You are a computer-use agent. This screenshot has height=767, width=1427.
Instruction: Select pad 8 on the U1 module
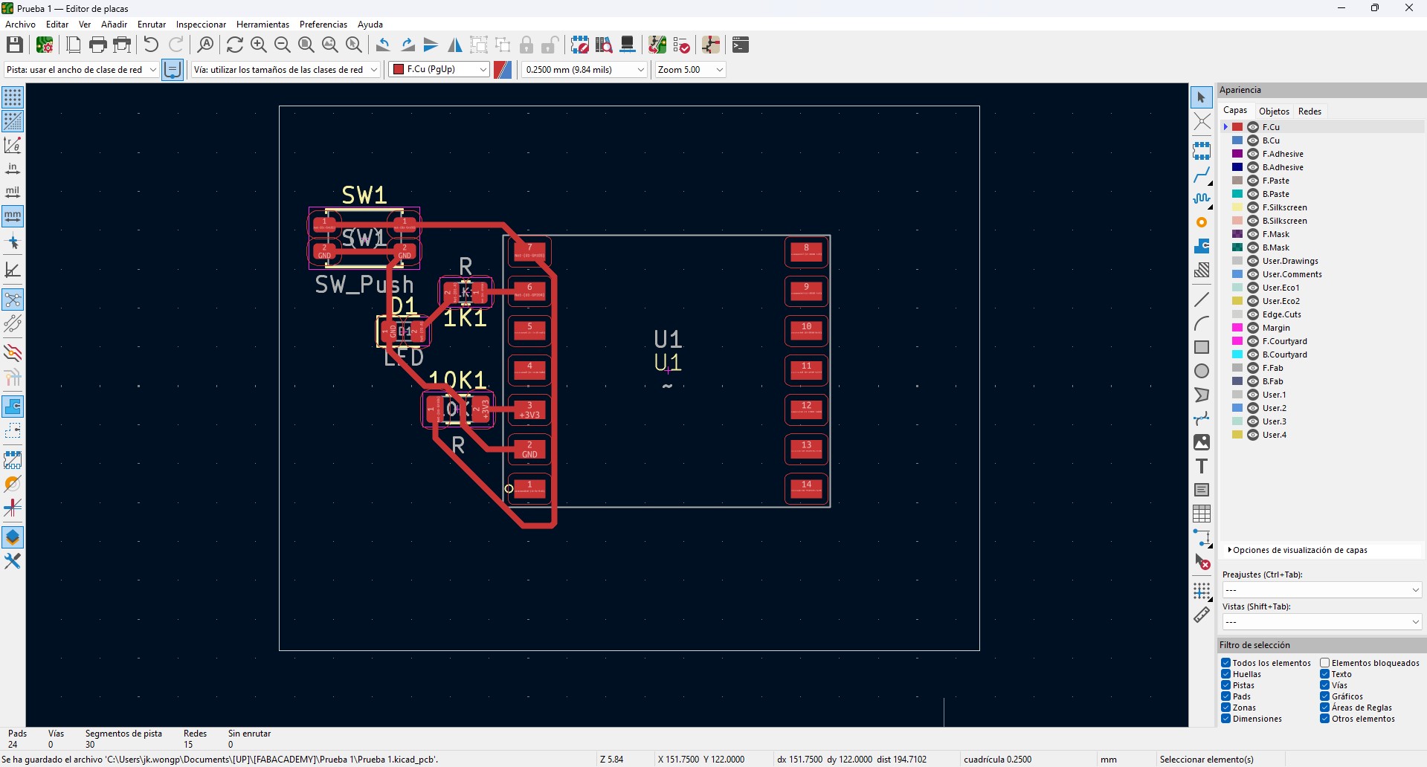click(807, 252)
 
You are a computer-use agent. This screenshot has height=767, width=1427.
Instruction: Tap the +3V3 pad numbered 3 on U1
click(529, 410)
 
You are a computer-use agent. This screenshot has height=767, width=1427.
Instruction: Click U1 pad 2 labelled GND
click(529, 450)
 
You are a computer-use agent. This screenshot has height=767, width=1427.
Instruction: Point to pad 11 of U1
click(807, 370)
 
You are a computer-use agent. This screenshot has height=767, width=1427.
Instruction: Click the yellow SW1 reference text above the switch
click(364, 195)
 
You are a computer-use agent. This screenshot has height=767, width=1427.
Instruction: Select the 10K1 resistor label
click(457, 381)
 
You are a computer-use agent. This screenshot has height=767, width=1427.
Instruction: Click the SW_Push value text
click(364, 285)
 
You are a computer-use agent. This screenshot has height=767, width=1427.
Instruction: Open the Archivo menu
click(20, 25)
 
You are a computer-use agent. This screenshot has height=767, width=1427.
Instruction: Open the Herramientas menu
click(262, 25)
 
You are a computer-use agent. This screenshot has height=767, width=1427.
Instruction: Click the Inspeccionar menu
click(201, 25)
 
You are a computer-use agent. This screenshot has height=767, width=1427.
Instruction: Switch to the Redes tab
click(1310, 111)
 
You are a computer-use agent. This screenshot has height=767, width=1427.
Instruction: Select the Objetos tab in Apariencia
click(1274, 111)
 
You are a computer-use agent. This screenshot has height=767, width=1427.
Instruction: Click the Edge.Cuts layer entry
click(1281, 314)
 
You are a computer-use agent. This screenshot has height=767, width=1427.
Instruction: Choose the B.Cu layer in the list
click(1271, 140)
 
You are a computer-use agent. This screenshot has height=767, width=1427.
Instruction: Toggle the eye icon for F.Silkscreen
click(1253, 207)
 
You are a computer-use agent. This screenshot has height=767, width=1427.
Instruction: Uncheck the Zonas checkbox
click(1226, 708)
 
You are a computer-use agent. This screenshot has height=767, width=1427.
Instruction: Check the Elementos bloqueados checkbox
click(1325, 663)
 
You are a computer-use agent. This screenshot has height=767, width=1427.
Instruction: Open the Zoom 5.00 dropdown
click(689, 70)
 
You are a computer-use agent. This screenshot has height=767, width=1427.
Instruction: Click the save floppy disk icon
click(14, 45)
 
